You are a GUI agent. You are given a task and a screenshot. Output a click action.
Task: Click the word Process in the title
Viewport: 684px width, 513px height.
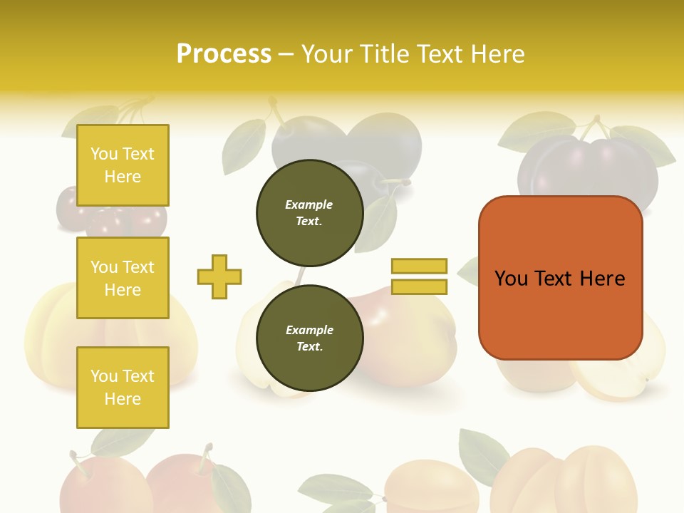tap(224, 54)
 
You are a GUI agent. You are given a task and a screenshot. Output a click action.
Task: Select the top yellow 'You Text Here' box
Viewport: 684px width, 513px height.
tap(123, 165)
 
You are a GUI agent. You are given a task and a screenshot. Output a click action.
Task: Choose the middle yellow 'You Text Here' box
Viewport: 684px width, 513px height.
tap(123, 278)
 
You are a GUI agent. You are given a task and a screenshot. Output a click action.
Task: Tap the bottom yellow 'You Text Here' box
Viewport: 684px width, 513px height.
tap(123, 388)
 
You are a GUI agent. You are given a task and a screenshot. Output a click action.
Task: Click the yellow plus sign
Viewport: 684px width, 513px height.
tap(219, 276)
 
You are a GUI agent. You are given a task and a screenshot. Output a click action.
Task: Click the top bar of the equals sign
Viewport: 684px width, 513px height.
tap(419, 266)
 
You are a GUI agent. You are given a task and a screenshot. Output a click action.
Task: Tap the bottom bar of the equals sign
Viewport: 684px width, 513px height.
tap(419, 287)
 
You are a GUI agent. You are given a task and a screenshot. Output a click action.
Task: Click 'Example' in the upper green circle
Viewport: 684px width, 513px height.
tap(309, 204)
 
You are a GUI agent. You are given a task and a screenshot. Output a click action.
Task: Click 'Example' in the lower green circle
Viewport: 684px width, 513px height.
tap(309, 330)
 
